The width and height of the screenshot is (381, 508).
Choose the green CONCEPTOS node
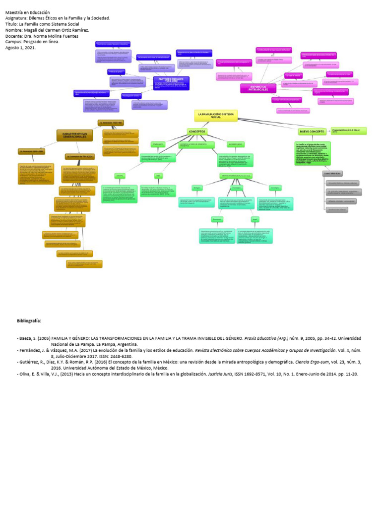196,131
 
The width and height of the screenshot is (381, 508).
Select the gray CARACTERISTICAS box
332,174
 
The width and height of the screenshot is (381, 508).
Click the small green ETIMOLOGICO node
158,144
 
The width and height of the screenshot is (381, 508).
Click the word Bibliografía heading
29,321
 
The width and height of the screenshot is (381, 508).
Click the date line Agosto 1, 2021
20,48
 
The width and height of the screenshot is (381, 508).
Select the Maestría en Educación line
28,12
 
